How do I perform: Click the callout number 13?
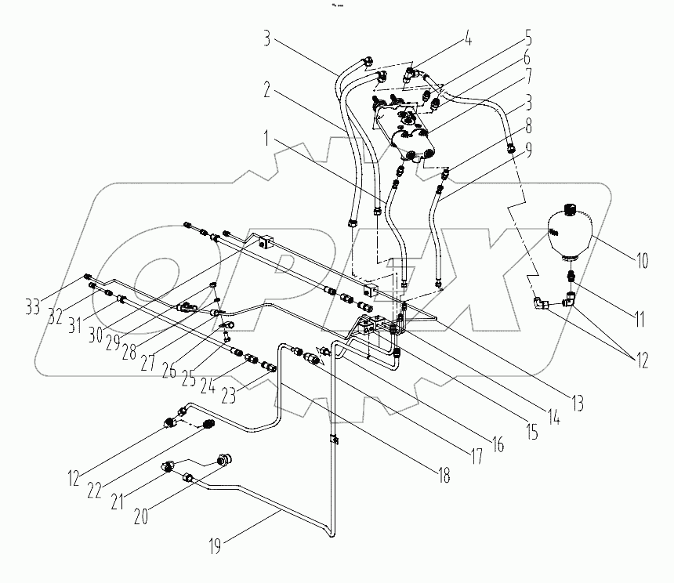pos(577,405)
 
